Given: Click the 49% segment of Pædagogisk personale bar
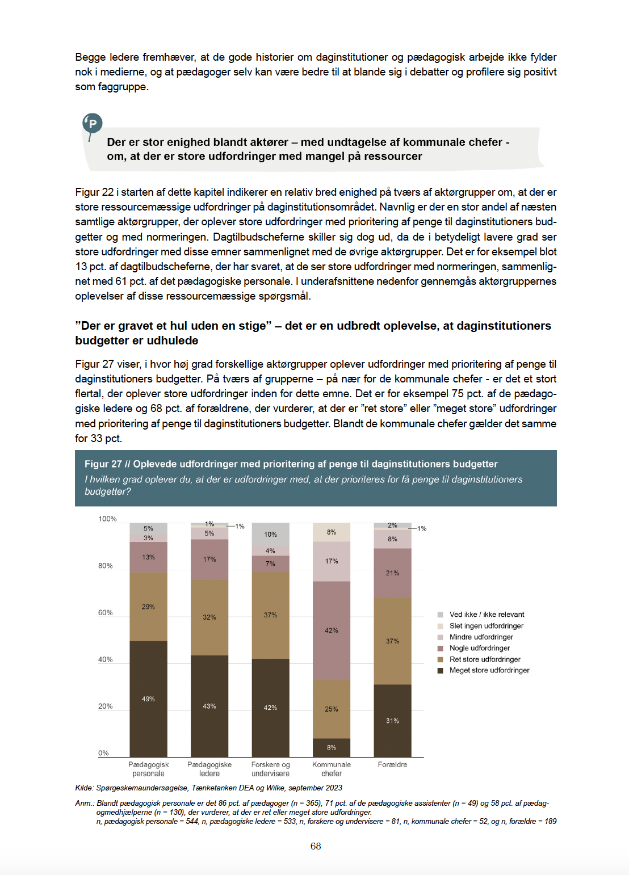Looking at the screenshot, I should coord(148,699).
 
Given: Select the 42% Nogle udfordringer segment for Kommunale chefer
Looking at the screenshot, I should coord(332,630).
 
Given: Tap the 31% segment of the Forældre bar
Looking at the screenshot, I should coord(392,721).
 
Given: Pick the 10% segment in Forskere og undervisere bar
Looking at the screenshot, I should coord(270,535).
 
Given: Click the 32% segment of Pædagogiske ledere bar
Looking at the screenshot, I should coord(209,617).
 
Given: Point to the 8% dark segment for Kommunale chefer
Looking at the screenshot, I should coord(332,747).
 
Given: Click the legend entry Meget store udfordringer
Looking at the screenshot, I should coord(489,670).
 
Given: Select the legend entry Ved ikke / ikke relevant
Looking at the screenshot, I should coord(487,615).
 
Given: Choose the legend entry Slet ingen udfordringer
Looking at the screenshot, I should coord(486,626).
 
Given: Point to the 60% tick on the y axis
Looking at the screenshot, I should coord(106,613).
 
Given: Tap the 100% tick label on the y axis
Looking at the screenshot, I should coord(107,519).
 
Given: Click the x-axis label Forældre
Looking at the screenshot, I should coord(392,764).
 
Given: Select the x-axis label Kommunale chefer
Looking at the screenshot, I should coord(332,769).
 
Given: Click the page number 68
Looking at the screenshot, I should coord(316,846).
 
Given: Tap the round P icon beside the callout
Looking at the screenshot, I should coord(93,123).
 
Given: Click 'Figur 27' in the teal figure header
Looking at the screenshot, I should coord(103,464).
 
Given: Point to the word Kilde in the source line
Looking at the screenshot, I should coord(83,788).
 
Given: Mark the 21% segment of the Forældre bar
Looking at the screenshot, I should coord(392,573).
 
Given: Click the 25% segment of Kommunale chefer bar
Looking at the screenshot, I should coord(332,709).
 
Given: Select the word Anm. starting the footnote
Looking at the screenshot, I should coord(84,803).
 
